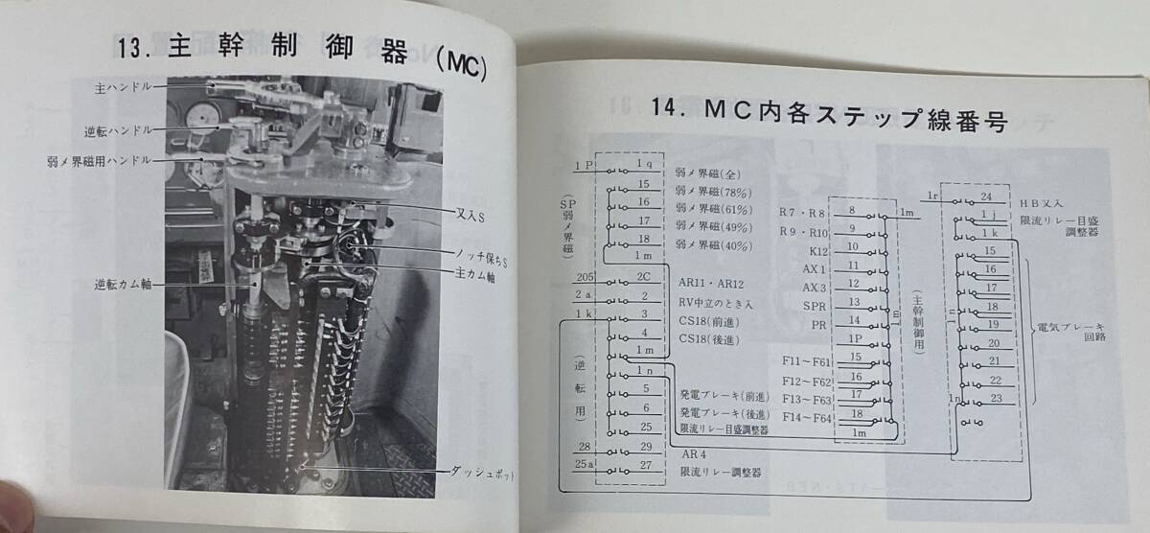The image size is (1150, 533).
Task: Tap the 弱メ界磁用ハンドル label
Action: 99,160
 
